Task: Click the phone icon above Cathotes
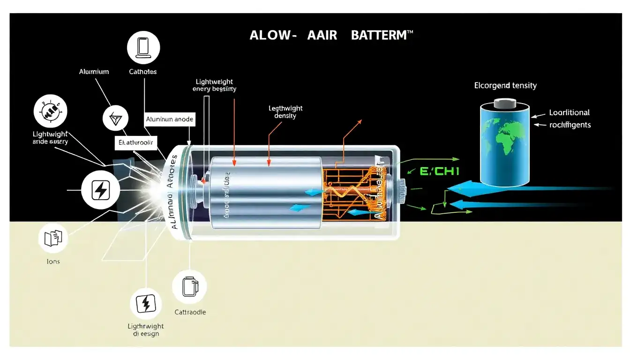point(143,48)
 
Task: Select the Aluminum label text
point(94,72)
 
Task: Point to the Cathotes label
point(142,72)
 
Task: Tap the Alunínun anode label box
point(169,119)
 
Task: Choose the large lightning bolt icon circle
point(100,190)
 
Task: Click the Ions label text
point(53,261)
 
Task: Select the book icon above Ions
point(53,239)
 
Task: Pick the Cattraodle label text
point(190,312)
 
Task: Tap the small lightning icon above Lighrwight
point(145,304)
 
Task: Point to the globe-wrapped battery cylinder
point(505,145)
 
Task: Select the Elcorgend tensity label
point(505,86)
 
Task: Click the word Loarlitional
point(570,112)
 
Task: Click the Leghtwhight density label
point(285,112)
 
